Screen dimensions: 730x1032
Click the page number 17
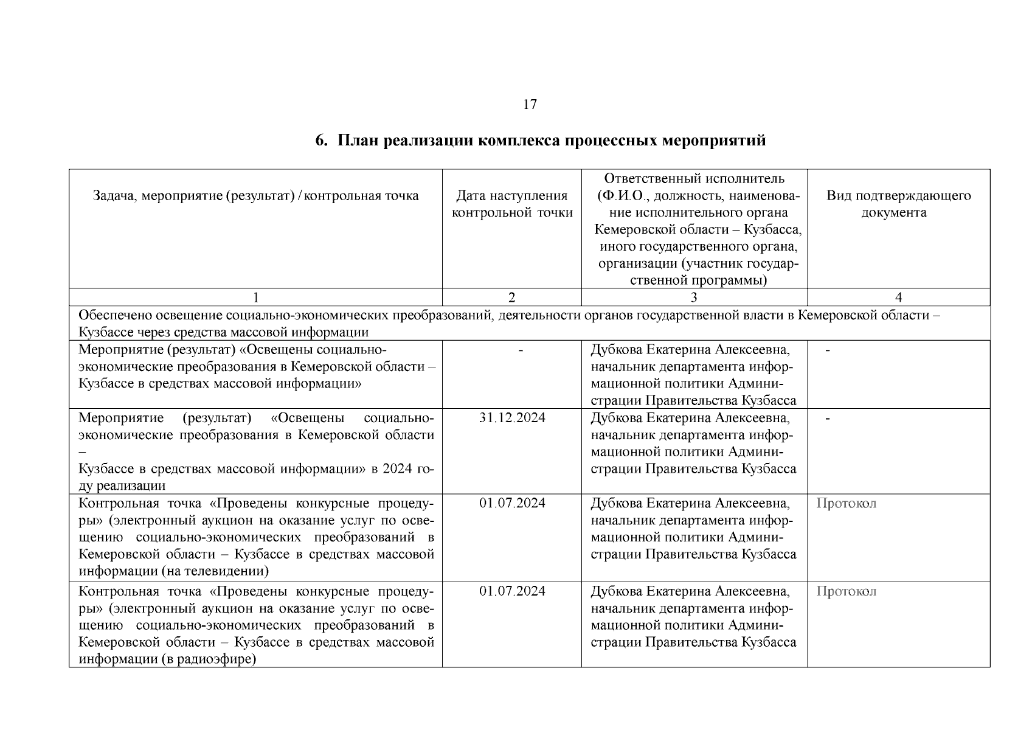[x=530, y=105]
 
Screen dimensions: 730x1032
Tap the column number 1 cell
[x=255, y=297]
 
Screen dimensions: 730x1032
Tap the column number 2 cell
[x=511, y=297]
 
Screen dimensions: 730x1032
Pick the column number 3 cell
[x=694, y=297]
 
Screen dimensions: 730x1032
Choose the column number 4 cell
[x=898, y=297]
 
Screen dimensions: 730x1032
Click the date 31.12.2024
[x=512, y=418]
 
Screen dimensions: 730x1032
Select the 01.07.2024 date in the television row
[x=512, y=503]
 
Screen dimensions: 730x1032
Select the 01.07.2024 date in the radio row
[x=512, y=591]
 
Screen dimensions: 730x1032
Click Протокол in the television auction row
[x=846, y=503]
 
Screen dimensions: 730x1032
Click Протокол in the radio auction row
[x=846, y=591]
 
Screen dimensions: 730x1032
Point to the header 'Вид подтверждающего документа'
[x=898, y=204]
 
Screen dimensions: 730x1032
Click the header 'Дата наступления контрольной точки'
[x=511, y=204]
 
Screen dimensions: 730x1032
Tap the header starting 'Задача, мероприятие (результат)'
[x=255, y=196]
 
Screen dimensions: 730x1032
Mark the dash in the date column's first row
[x=521, y=350]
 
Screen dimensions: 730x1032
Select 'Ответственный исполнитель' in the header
[x=694, y=178]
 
